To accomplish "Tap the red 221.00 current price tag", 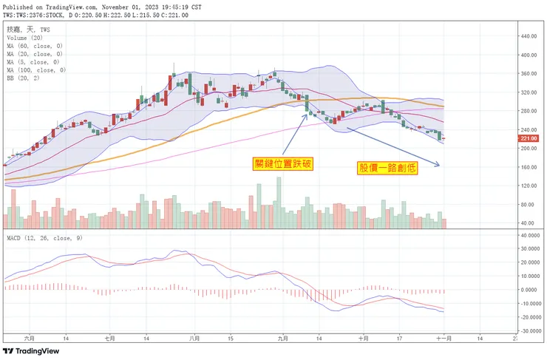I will click(x=528, y=138).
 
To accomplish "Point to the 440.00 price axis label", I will click(x=528, y=36).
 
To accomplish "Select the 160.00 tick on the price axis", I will click(x=528, y=167).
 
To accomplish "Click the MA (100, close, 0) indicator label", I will click(x=37, y=70).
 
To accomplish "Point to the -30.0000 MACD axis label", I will click(x=529, y=330).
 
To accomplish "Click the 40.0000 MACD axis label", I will click(x=529, y=235).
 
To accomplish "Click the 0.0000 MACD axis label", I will click(x=529, y=290).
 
